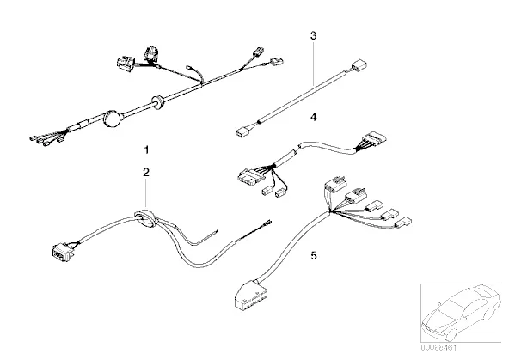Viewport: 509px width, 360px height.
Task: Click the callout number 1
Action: click(x=147, y=149)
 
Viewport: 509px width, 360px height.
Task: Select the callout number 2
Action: click(x=146, y=172)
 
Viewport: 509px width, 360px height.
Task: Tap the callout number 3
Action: click(x=313, y=35)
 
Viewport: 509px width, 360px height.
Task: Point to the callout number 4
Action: click(x=313, y=117)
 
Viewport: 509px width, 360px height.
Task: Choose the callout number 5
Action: click(x=314, y=255)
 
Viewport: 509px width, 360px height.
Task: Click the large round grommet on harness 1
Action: click(x=113, y=119)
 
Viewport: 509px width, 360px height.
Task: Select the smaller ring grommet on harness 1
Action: click(x=157, y=101)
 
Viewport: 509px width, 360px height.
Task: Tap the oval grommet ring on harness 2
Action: click(x=144, y=219)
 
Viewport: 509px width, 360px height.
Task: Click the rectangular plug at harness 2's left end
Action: click(x=62, y=253)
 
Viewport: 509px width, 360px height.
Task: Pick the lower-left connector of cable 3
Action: click(x=242, y=132)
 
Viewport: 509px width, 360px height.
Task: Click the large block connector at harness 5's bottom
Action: click(x=250, y=296)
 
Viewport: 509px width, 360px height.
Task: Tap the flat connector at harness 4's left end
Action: click(x=250, y=176)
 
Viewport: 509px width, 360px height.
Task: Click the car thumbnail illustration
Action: click(x=461, y=313)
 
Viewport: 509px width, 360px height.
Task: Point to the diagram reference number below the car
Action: click(x=438, y=348)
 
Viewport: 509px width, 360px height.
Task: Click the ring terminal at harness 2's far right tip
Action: click(x=268, y=223)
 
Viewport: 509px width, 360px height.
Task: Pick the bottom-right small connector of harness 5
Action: click(x=403, y=223)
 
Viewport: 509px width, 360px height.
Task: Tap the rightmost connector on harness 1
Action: click(x=277, y=61)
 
